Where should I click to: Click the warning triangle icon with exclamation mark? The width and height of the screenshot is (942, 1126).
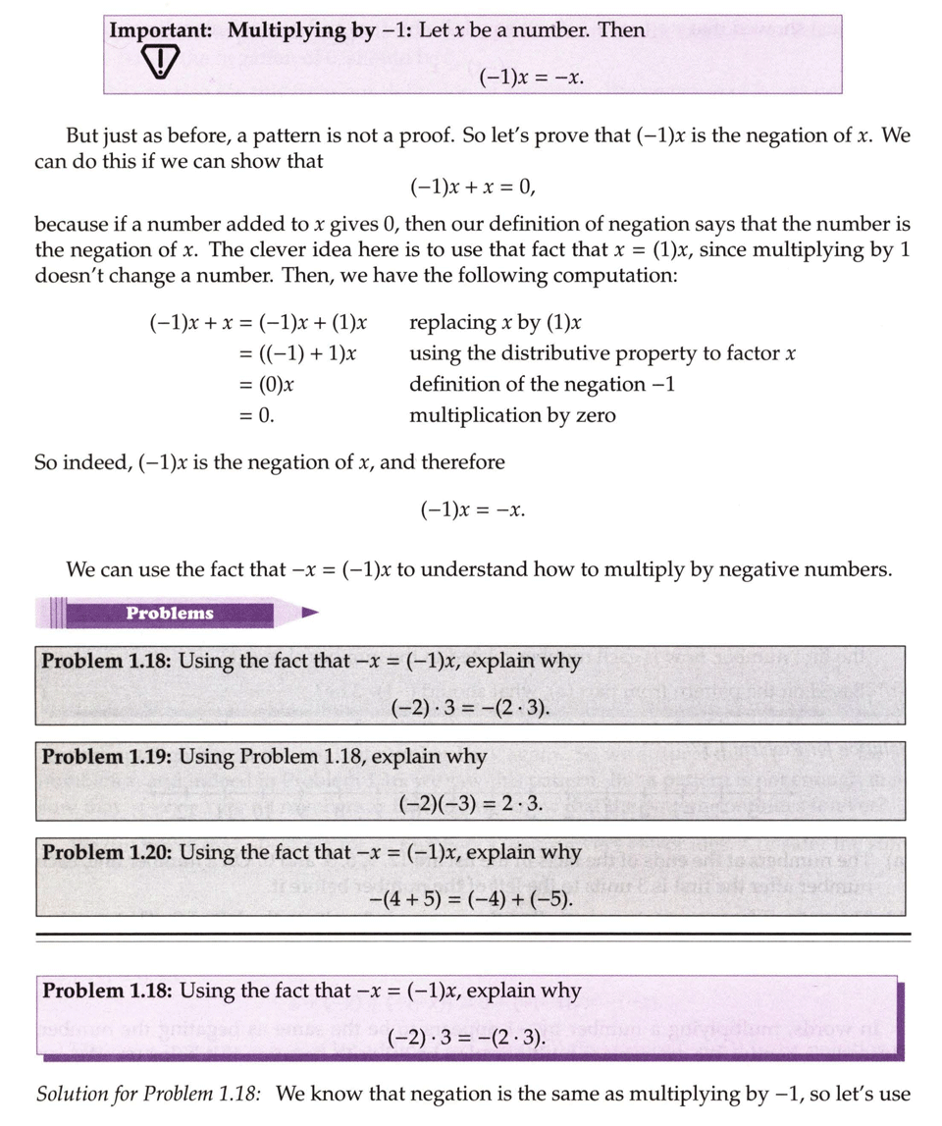158,65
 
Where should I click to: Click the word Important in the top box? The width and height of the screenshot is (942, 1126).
159,29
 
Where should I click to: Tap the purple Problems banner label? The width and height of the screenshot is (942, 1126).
169,614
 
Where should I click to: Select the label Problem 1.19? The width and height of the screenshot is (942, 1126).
108,757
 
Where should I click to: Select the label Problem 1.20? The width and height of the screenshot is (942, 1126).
108,852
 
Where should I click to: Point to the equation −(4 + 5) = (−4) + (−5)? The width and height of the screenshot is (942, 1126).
470,899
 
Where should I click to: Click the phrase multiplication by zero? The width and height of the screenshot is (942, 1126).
512,415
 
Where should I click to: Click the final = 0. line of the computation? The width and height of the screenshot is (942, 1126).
256,415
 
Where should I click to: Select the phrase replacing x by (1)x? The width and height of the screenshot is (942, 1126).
497,323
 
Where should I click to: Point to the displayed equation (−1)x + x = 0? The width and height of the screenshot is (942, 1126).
471,187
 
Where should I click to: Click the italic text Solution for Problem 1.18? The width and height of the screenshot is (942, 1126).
150,1094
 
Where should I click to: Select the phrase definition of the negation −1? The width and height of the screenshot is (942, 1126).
542,385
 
